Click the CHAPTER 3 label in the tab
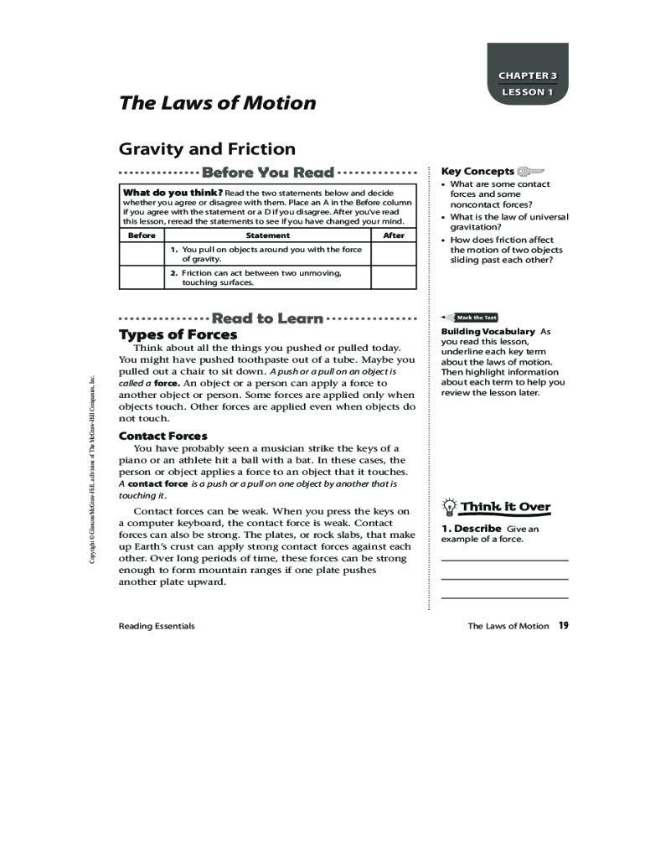528,75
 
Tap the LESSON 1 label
528,92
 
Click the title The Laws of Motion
218,103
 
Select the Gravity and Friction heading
207,149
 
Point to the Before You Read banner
268,173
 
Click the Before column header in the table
142,235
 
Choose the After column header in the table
393,235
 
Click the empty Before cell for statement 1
142,254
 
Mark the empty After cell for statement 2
393,277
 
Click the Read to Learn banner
268,318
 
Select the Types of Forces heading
178,335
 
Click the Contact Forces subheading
163,436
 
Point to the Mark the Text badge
475,318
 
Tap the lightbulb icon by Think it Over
450,507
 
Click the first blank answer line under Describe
503,560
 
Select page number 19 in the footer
564,625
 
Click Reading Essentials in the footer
157,626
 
